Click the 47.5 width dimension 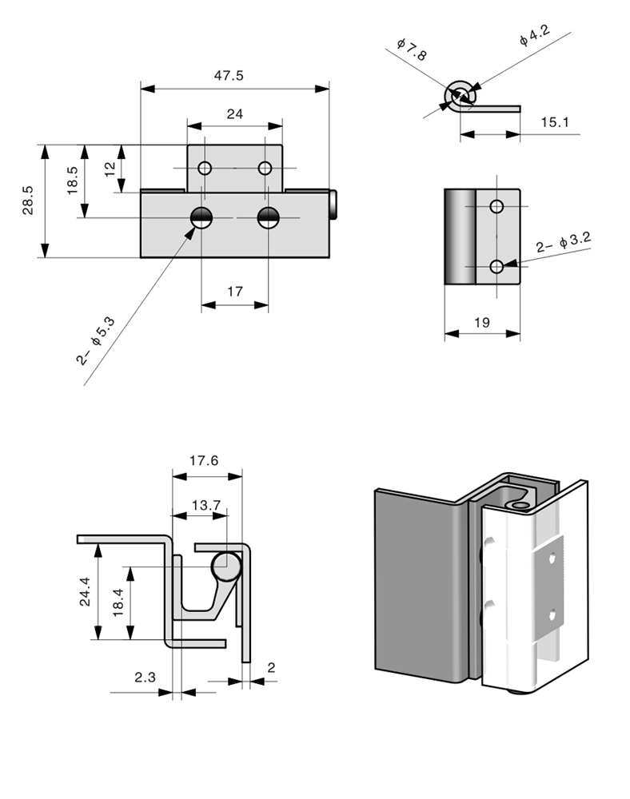point(229,75)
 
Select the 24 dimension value point(234,114)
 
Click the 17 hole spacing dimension point(234,292)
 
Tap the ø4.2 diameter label point(533,35)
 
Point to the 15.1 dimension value point(554,122)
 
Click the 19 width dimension point(482,323)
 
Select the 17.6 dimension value point(205,460)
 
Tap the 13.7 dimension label point(205,505)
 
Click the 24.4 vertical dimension point(85,591)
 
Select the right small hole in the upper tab point(265,169)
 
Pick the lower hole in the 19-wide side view point(497,266)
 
